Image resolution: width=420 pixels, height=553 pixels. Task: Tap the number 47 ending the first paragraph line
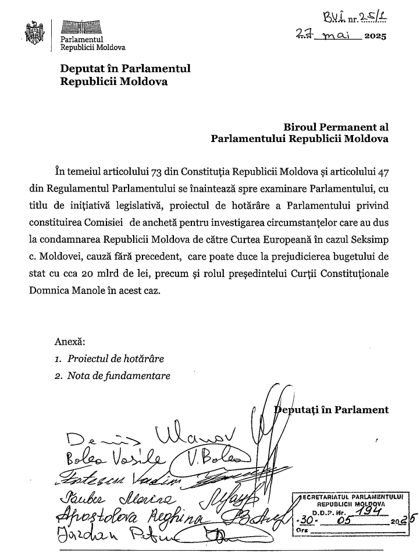[383, 172]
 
